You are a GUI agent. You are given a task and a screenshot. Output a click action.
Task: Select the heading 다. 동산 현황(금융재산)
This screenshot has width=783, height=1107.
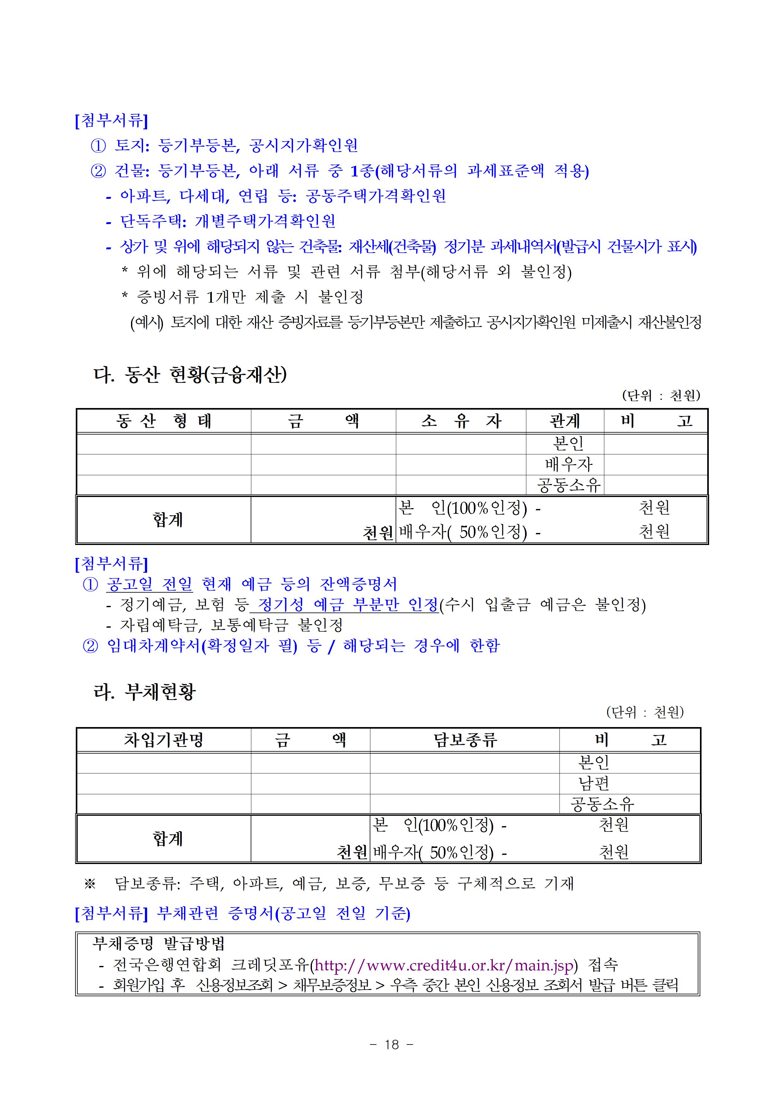(x=190, y=375)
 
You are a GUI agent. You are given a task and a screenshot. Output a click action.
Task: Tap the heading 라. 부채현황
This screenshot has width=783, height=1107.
(x=145, y=692)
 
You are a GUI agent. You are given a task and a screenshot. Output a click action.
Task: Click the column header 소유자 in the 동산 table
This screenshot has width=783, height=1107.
(x=461, y=421)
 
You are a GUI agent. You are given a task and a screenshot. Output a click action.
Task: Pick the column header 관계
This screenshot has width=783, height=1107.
(x=565, y=421)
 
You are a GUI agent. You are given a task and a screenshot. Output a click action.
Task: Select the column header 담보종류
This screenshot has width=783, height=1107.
(x=464, y=740)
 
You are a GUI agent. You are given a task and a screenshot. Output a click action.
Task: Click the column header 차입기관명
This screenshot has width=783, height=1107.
(x=164, y=740)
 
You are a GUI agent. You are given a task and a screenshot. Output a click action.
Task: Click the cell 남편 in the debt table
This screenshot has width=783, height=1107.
(x=593, y=783)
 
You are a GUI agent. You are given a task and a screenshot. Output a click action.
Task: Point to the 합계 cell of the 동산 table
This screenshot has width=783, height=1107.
(x=167, y=519)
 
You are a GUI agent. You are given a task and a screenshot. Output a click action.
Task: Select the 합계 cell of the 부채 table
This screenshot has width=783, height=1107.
(x=167, y=838)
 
